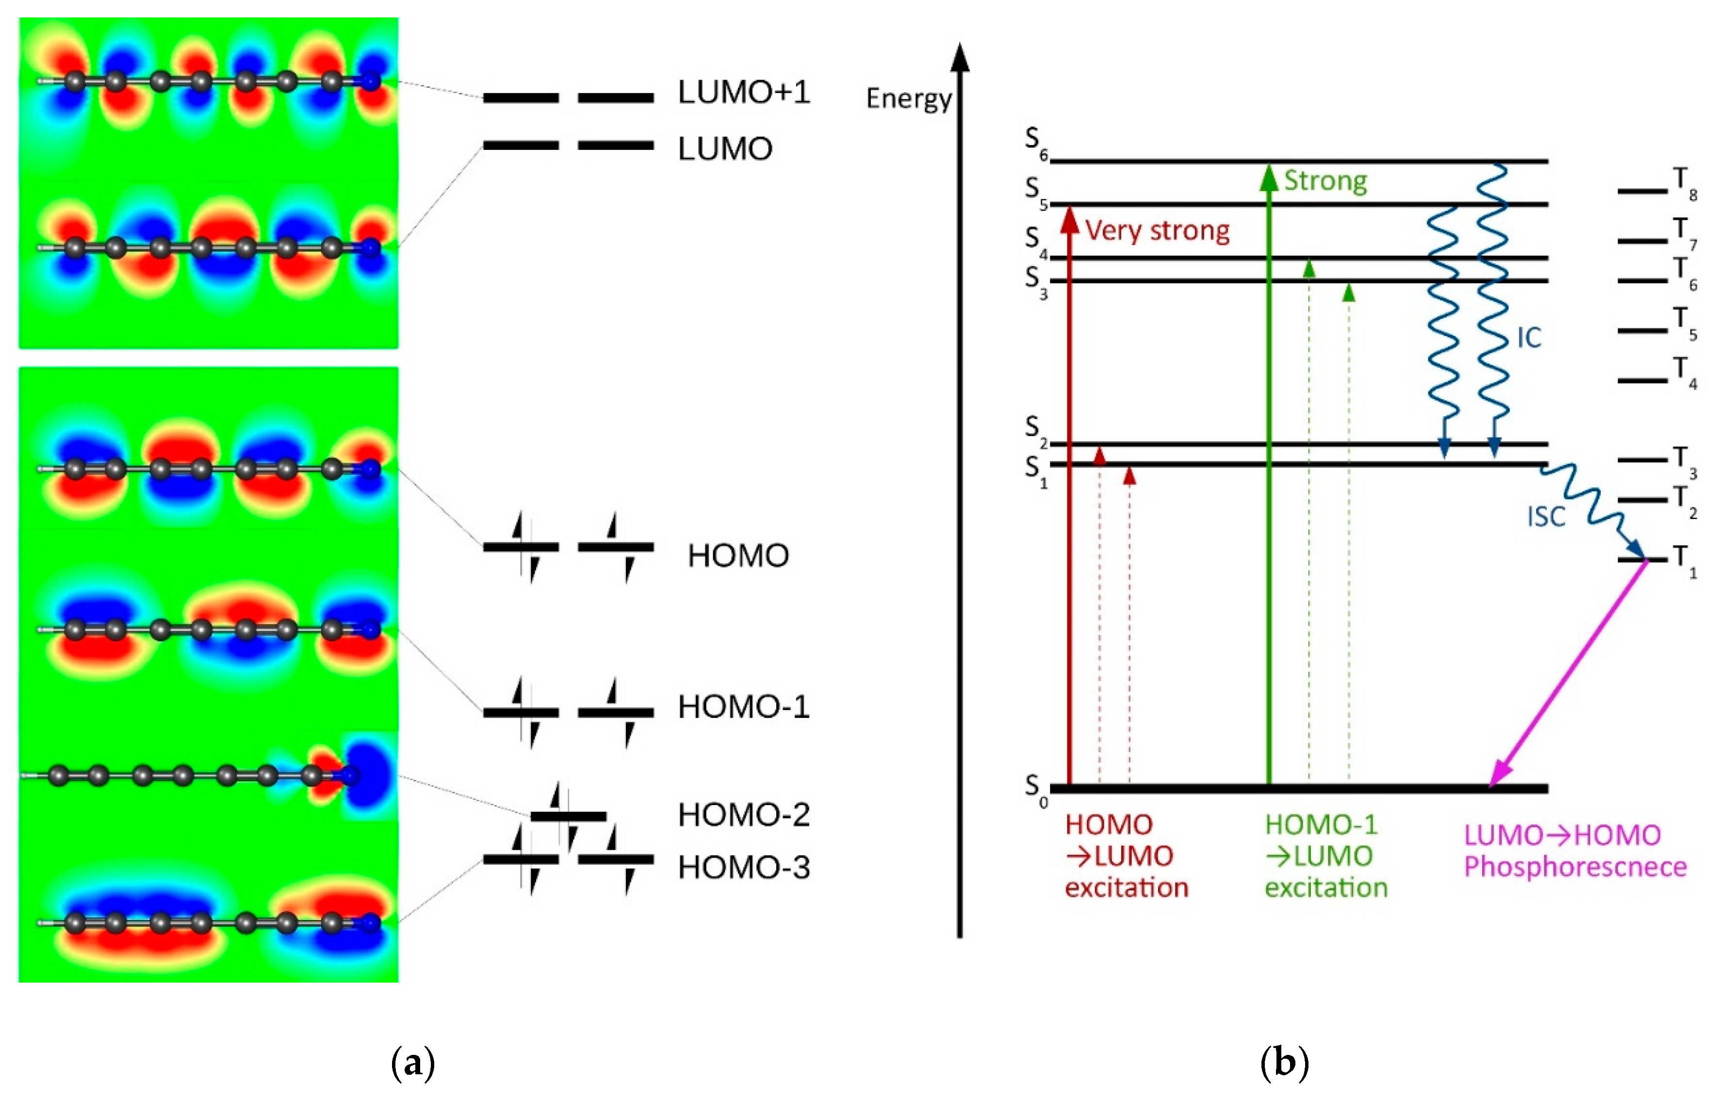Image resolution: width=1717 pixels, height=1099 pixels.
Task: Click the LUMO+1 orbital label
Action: [x=744, y=93]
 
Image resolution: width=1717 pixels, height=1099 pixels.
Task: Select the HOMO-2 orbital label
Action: [x=744, y=815]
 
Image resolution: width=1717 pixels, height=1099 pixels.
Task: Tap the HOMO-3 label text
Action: [x=744, y=868]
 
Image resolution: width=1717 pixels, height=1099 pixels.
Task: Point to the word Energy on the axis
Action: [x=908, y=99]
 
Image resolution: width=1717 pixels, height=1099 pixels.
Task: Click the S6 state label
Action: [x=1035, y=142]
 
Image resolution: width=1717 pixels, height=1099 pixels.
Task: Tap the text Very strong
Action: [x=1157, y=231]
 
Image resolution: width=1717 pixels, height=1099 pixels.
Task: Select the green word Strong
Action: [x=1325, y=181]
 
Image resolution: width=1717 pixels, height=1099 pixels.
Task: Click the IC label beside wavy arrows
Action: [x=1529, y=338]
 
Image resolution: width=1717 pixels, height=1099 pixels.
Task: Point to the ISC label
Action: [x=1546, y=517]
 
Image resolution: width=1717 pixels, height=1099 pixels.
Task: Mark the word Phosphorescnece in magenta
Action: [x=1575, y=867]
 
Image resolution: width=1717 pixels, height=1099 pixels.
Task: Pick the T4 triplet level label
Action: [x=1685, y=372]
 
